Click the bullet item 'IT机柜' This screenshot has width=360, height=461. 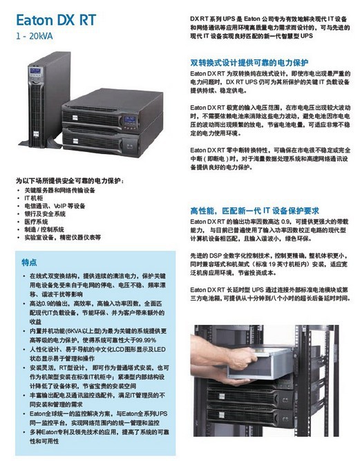click(x=34, y=198)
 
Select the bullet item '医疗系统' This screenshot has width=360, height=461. click(x=40, y=221)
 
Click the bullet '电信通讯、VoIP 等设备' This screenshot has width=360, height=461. click(x=55, y=206)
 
